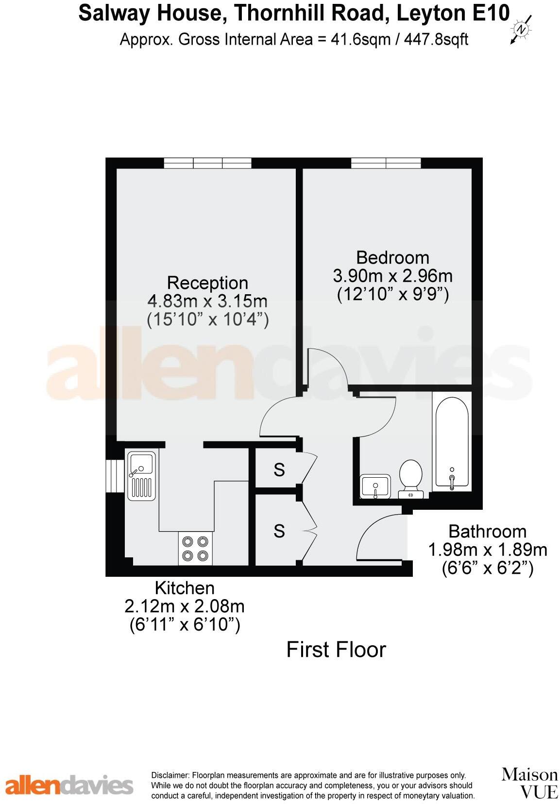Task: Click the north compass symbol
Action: tap(521, 30)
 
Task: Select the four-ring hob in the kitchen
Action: tap(195, 549)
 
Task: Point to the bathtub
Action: tap(452, 442)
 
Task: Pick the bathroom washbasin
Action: tap(375, 486)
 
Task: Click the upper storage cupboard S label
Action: tap(279, 469)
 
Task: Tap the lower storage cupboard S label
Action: tap(279, 531)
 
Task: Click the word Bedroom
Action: tap(392, 257)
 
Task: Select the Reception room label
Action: tap(207, 283)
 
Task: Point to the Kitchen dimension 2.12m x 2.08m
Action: tap(185, 606)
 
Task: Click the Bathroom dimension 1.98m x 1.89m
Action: tap(487, 550)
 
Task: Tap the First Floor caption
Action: tap(336, 650)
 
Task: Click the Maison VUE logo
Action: tap(529, 783)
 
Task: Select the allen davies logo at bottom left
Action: tap(69, 785)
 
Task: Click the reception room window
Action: tap(207, 163)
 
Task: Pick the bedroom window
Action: tap(386, 163)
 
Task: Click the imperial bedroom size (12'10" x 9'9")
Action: tap(392, 294)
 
